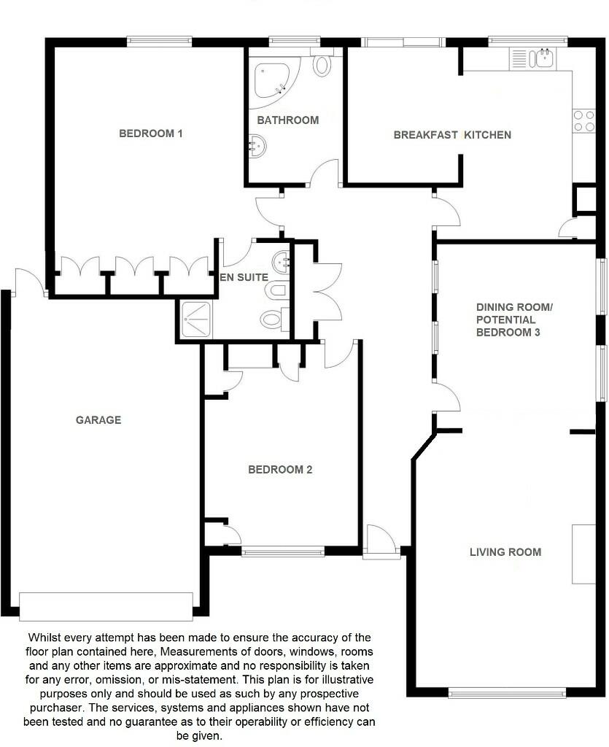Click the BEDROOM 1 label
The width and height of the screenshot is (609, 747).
pyautogui.click(x=150, y=133)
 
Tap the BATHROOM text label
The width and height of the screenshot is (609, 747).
pyautogui.click(x=287, y=120)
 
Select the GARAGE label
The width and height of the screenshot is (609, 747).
pyautogui.click(x=98, y=420)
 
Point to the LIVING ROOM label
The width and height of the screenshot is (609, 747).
pyautogui.click(x=505, y=552)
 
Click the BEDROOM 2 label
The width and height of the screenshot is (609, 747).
pyautogui.click(x=280, y=470)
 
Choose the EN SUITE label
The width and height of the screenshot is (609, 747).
pyautogui.click(x=244, y=278)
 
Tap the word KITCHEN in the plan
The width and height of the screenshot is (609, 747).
pyautogui.click(x=488, y=135)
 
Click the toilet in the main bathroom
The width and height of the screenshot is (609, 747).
pyautogui.click(x=322, y=64)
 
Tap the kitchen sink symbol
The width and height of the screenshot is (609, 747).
pyautogui.click(x=542, y=58)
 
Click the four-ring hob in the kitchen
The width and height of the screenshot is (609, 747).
pyautogui.click(x=583, y=120)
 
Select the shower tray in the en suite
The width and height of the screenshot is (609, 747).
pyautogui.click(x=195, y=320)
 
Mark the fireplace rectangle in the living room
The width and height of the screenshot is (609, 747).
pyautogui.click(x=583, y=554)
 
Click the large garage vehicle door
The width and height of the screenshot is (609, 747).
pyautogui.click(x=106, y=605)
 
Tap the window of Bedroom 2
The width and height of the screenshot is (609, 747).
pyautogui.click(x=283, y=552)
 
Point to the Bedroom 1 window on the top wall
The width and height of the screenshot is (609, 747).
pyautogui.click(x=159, y=42)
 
